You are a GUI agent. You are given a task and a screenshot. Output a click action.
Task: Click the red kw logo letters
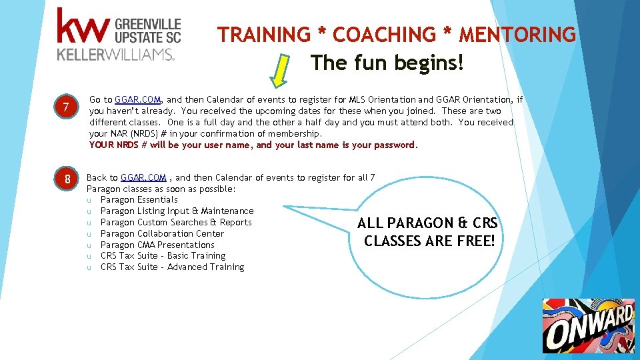[x=83, y=27]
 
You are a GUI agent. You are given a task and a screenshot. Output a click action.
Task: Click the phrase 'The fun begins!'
[x=387, y=64]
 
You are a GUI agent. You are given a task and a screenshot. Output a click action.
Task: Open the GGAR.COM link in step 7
[x=137, y=100]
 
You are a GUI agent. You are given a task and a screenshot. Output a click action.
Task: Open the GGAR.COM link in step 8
[x=143, y=177]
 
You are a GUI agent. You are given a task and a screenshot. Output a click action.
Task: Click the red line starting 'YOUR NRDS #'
[x=253, y=145]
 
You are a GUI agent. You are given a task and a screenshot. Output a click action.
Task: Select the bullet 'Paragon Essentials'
[x=139, y=199]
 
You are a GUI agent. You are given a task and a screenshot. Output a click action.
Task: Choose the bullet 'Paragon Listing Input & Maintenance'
[x=177, y=211]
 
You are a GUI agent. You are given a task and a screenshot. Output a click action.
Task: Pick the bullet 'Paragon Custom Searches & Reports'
[x=176, y=222]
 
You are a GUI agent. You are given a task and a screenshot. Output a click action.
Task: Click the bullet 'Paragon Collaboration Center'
[x=162, y=233]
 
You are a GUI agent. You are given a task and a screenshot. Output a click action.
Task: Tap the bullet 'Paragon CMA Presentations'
[x=157, y=245]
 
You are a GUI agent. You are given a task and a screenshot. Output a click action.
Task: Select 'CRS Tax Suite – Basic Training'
[x=163, y=255]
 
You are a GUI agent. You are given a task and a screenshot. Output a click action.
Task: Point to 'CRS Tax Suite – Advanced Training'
[x=172, y=267]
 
